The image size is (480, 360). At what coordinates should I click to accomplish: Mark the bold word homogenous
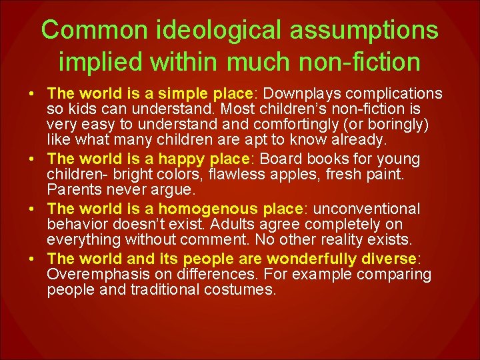(x=213, y=209)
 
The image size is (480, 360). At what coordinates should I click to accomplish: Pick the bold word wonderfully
(x=315, y=259)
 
